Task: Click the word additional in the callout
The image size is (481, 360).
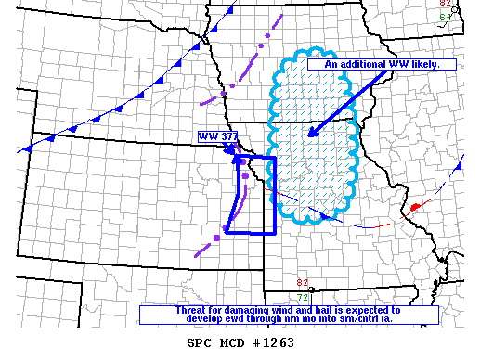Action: (359, 65)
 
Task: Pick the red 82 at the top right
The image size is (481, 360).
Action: (445, 4)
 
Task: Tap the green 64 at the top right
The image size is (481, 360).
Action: (445, 16)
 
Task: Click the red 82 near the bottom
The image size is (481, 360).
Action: (302, 282)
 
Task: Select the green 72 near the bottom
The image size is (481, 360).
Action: (302, 296)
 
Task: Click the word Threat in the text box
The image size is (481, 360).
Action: (191, 310)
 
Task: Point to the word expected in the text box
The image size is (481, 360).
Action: (364, 310)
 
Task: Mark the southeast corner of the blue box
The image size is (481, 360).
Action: (276, 233)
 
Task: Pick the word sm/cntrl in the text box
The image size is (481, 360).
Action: (353, 319)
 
